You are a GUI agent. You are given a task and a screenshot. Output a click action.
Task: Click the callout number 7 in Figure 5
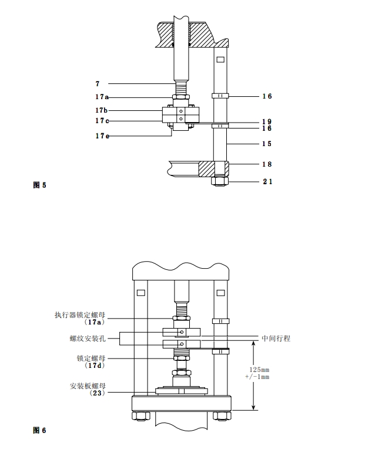[98, 83]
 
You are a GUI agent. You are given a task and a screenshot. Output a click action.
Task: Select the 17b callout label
[101, 110]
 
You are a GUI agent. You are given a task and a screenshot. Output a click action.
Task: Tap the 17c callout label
[101, 121]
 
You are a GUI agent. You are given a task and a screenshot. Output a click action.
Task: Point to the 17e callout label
[101, 136]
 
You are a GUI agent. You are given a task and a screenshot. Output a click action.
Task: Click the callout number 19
[267, 121]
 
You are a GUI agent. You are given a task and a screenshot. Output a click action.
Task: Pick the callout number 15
[267, 144]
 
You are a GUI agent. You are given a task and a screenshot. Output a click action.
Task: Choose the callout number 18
[267, 165]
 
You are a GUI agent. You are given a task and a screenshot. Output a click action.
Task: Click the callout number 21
[267, 182]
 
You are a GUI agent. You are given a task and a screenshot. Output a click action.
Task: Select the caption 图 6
[39, 430]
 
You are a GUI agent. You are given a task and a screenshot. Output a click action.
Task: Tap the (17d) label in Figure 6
[95, 365]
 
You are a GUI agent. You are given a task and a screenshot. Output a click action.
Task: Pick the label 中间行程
[276, 339]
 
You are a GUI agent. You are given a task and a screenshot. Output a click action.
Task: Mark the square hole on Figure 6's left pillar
[140, 292]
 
